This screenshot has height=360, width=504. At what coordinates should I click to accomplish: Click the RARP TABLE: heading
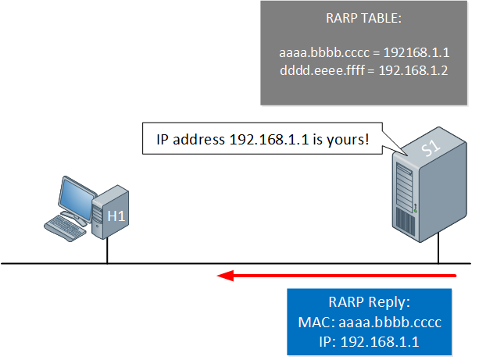coord(363,18)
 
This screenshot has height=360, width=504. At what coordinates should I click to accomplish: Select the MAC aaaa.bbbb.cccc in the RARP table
coord(324,52)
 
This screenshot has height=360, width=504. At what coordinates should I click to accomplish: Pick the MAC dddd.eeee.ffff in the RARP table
coord(323,70)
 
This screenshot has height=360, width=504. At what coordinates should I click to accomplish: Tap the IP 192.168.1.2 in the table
coord(413,70)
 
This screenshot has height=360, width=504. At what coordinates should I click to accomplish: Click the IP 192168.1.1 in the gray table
coord(416,52)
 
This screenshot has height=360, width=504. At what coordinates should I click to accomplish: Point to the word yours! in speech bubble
coord(348,140)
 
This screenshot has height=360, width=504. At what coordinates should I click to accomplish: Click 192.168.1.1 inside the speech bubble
coord(269,139)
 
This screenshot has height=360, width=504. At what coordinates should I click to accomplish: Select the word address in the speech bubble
coord(198,139)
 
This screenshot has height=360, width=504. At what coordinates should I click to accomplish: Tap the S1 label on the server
coord(431,148)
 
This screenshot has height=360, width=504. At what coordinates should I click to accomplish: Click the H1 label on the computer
coord(116,216)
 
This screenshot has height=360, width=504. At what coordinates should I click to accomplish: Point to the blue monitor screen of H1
coord(77,199)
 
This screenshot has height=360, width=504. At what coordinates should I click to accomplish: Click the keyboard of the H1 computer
coord(65,228)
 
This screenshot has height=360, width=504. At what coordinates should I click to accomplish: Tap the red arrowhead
coord(225,276)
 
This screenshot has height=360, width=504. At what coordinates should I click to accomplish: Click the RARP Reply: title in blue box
coord(370,302)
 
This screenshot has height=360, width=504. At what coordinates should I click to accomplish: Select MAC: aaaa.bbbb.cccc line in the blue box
coord(370,322)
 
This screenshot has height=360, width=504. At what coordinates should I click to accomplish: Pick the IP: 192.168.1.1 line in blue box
coord(369,342)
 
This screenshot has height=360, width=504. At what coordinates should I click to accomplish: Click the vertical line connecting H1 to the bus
coord(107,251)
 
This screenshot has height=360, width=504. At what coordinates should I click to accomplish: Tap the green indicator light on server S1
coord(416,211)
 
